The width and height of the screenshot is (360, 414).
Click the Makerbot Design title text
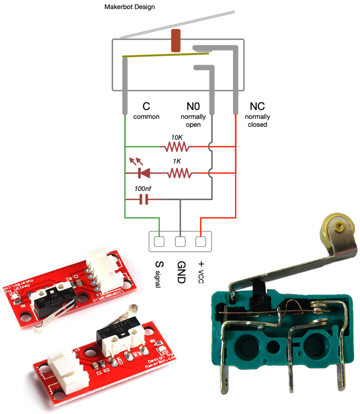(130, 7)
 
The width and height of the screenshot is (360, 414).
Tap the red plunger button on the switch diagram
(176, 41)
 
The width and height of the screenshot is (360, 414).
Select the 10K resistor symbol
(177, 146)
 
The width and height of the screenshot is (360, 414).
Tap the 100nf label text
(144, 189)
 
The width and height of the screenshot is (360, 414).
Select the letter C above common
(146, 107)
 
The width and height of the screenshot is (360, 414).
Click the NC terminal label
(257, 107)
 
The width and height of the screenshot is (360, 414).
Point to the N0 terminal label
(193, 107)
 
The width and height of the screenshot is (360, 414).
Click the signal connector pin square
(159, 242)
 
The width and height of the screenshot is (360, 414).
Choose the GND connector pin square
(180, 242)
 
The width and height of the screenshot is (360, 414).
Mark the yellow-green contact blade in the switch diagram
(166, 55)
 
